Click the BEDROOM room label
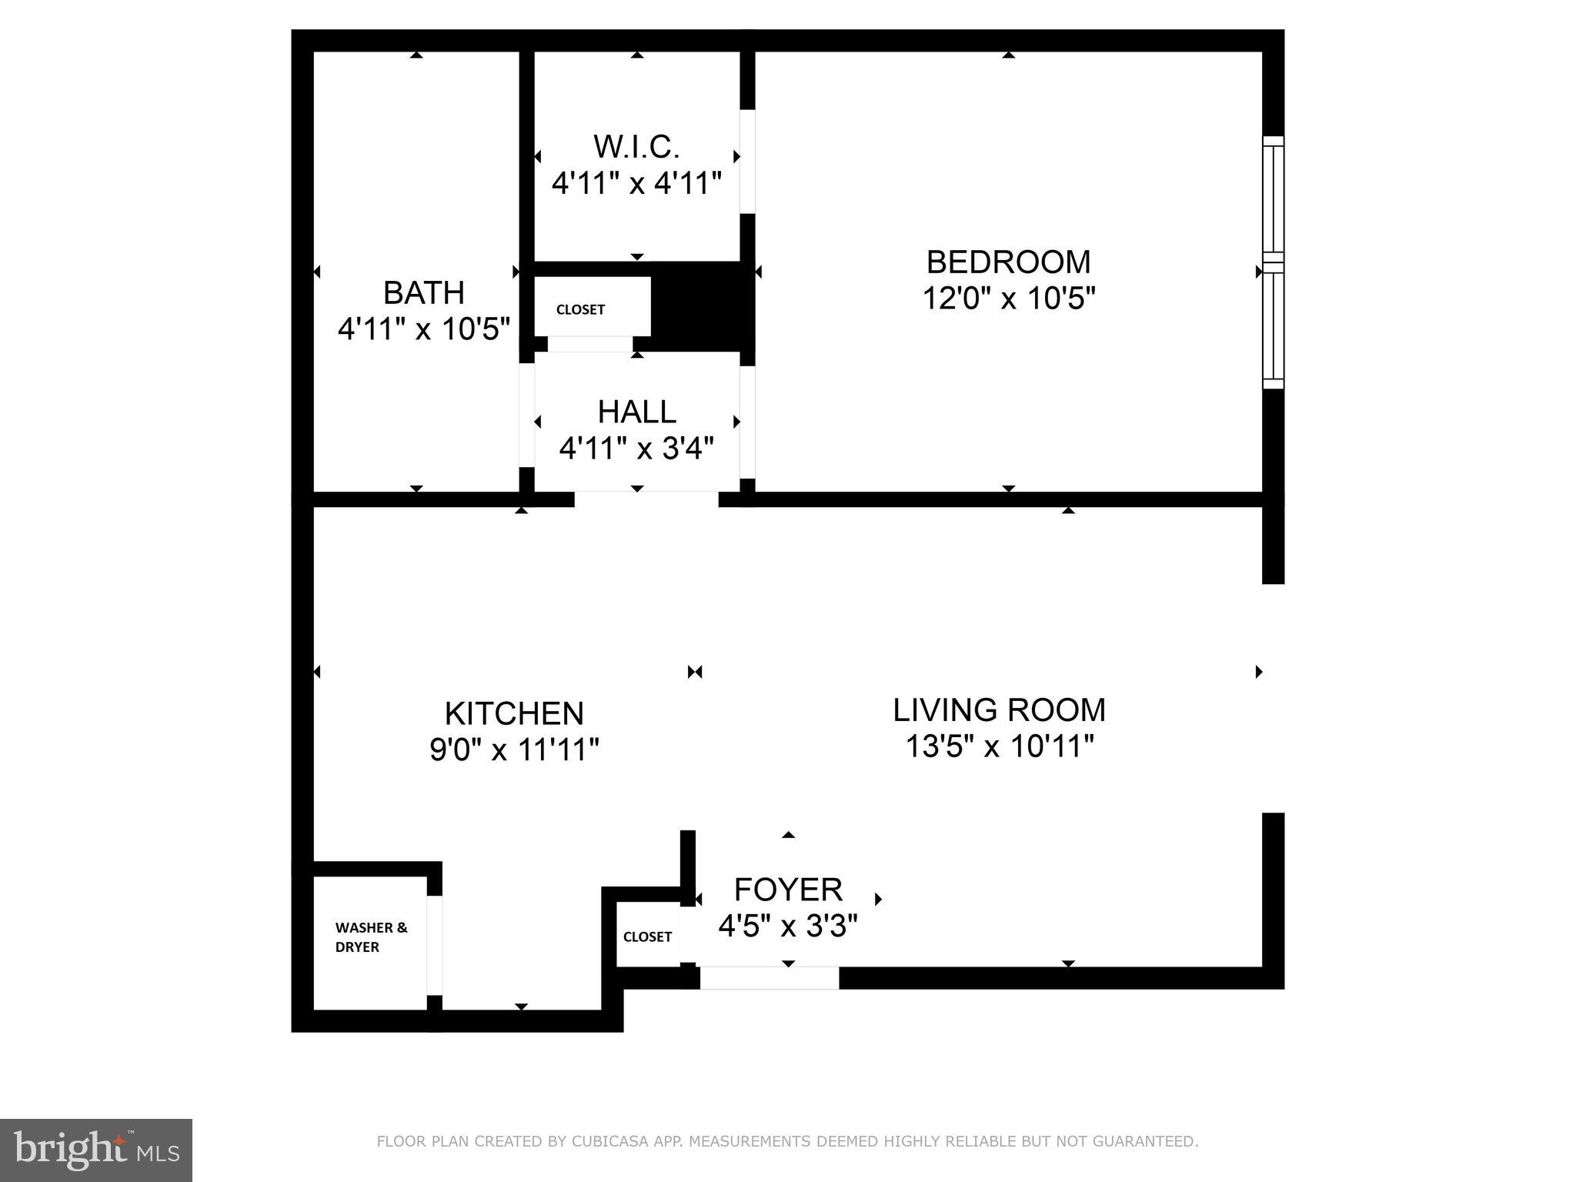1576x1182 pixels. tap(1008, 262)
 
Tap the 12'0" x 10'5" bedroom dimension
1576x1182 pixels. tap(1008, 298)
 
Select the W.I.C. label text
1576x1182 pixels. tap(636, 146)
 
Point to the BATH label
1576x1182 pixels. tap(424, 293)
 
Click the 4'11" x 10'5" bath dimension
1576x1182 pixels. tap(424, 329)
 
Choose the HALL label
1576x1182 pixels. tap(636, 412)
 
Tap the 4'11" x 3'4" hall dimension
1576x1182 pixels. tap(636, 448)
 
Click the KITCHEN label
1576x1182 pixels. tap(514, 713)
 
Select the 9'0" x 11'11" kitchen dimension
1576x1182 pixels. tap(514, 749)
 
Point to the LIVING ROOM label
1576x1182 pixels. tap(999, 710)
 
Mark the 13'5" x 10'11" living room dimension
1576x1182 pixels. tap(999, 746)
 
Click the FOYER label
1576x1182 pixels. tap(788, 890)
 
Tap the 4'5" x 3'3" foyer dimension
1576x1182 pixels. tap(788, 926)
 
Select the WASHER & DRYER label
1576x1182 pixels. tap(370, 937)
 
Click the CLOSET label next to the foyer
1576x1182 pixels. tap(647, 937)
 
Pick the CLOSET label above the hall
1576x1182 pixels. tap(580, 309)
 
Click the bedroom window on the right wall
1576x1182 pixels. tap(1274, 262)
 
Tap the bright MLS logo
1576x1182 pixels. tap(96, 1150)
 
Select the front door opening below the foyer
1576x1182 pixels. tap(769, 978)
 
